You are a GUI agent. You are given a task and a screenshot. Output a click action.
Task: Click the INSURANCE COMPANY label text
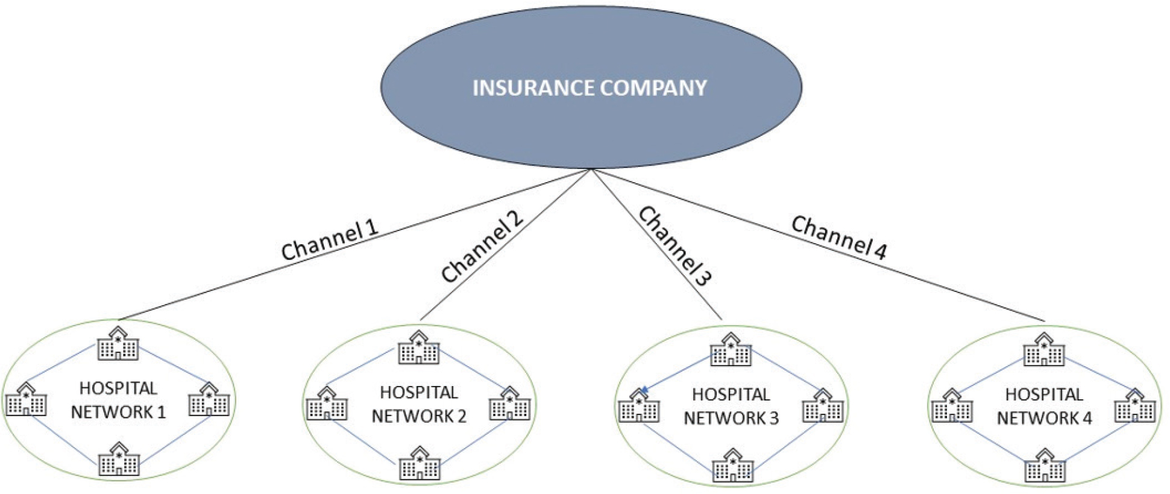coord(590,88)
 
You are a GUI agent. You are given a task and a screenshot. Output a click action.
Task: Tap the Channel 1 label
coord(329,241)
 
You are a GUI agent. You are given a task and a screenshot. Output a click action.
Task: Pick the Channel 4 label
coord(838,238)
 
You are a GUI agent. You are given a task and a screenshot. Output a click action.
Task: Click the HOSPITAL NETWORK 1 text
coord(118,400)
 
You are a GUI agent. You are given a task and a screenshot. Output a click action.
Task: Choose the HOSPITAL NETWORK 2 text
coord(419,405)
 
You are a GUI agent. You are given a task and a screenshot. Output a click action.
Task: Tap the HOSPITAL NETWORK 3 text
coord(731,407)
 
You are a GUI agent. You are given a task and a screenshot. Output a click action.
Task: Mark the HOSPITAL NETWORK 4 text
coord(1044,407)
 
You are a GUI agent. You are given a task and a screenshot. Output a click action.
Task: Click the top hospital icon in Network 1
coord(118,344)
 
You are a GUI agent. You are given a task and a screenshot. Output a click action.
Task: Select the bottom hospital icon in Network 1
coord(119,460)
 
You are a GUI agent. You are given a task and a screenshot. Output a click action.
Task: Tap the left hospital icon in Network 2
coord(327,404)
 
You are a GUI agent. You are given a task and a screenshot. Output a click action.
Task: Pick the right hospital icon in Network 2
coord(510,404)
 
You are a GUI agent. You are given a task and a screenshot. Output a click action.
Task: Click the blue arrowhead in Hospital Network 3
coord(644,391)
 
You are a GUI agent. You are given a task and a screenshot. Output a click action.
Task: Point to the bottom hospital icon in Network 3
coord(732,466)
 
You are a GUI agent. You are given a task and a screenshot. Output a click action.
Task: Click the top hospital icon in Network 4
coord(1044,350)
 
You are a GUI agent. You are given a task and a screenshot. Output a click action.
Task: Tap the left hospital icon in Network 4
coord(952,406)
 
